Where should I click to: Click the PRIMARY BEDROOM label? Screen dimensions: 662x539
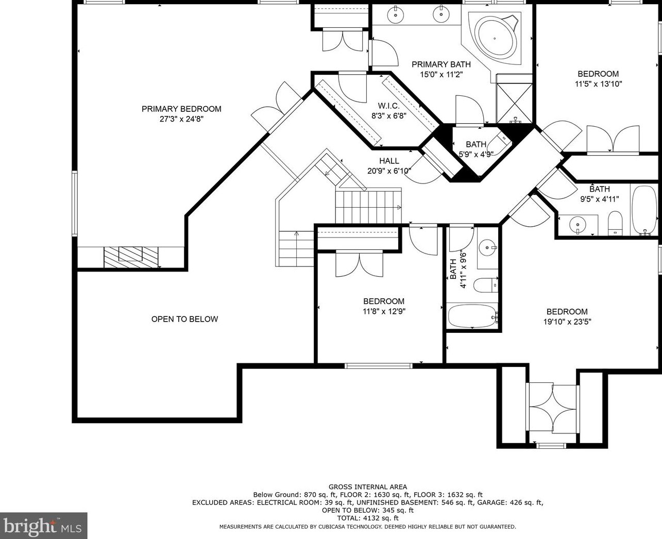181,109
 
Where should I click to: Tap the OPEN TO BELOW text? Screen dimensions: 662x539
184,319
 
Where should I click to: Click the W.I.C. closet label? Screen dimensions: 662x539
389,106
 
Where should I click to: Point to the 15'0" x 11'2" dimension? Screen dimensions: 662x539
442,75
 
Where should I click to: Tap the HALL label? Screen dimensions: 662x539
389,161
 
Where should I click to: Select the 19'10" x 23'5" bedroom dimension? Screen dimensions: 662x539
567,322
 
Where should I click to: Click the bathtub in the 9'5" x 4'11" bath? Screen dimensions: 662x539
645,210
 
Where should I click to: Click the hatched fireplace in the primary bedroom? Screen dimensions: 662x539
131,257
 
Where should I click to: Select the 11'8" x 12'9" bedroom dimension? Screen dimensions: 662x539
384,311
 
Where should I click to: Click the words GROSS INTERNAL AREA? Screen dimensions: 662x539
368,487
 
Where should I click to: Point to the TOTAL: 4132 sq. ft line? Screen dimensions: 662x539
368,518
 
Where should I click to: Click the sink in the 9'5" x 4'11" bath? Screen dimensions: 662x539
578,225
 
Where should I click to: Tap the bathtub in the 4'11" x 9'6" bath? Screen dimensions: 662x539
472,316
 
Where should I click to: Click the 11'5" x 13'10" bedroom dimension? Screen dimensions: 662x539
598,84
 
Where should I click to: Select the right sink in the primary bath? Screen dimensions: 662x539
440,14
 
